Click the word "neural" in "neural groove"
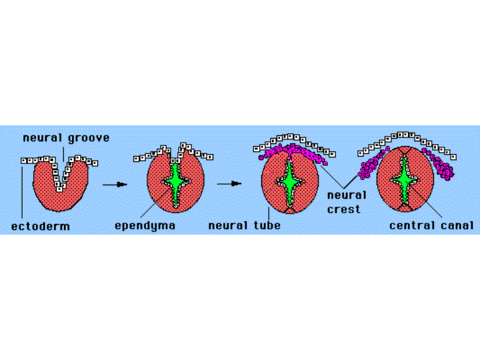[42, 138]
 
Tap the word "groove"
[89, 139]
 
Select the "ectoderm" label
[41, 227]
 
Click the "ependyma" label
[145, 226]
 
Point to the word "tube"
[267, 225]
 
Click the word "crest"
[343, 209]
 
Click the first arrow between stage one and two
[115, 184]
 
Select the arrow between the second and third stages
[229, 184]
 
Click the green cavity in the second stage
[175, 183]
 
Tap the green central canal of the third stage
[289, 183]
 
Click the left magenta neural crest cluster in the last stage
[371, 165]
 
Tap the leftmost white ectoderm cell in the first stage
[24, 161]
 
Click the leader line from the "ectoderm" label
[22, 191]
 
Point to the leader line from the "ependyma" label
[155, 203]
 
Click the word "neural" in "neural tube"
[228, 225]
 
